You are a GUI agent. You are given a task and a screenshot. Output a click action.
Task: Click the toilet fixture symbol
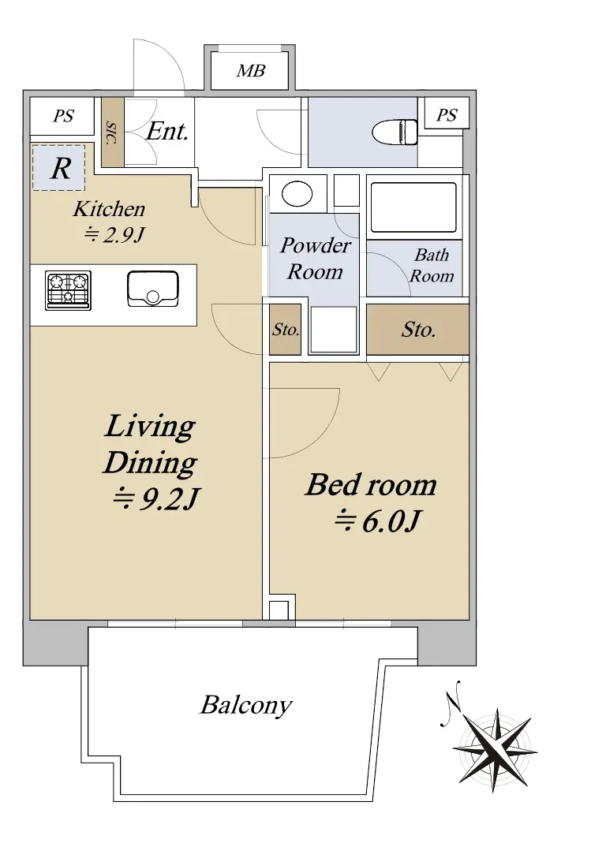click(395, 132)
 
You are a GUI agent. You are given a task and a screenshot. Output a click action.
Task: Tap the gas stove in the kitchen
click(68, 290)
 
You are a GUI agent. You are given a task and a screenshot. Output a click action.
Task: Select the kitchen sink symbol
click(153, 289)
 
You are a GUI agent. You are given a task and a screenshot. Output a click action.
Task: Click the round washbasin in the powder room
click(297, 194)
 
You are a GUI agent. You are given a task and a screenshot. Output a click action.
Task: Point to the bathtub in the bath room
click(413, 207)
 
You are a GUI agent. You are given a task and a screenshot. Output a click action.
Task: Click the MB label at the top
click(251, 71)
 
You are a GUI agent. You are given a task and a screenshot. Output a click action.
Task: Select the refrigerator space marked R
click(58, 168)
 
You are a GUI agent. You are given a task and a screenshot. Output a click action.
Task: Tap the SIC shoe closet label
click(112, 132)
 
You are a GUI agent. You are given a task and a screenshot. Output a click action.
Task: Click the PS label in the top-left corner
click(63, 116)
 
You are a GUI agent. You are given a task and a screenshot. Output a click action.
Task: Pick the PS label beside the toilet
click(447, 115)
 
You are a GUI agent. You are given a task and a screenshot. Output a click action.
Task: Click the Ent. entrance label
click(167, 131)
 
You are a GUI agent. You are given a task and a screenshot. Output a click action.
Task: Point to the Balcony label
click(246, 705)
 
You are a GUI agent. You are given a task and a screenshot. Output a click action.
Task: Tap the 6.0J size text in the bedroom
click(378, 520)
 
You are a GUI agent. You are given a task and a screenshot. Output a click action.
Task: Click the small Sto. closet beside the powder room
click(286, 330)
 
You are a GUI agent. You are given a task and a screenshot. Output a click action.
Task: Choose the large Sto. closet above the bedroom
click(418, 330)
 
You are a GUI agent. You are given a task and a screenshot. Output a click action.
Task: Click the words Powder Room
click(315, 259)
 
